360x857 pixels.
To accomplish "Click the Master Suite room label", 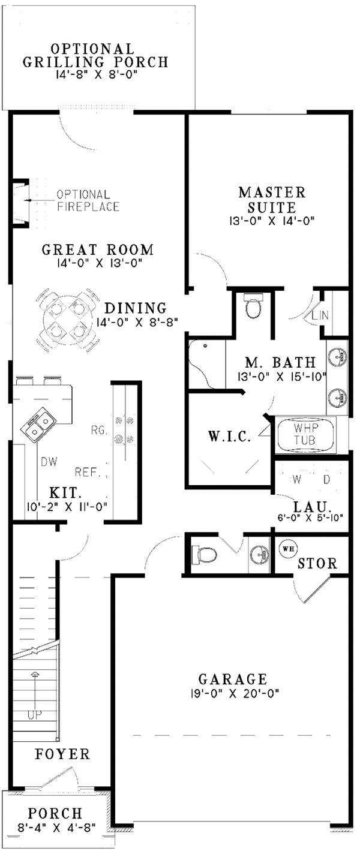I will pos(272,200).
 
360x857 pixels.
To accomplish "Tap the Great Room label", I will pos(98,249).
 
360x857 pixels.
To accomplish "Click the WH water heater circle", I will pos(287,548).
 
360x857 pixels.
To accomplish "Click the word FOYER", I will pos(62,754).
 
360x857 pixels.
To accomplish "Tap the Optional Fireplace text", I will pos(88,201).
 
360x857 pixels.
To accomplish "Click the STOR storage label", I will pos(317,564).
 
